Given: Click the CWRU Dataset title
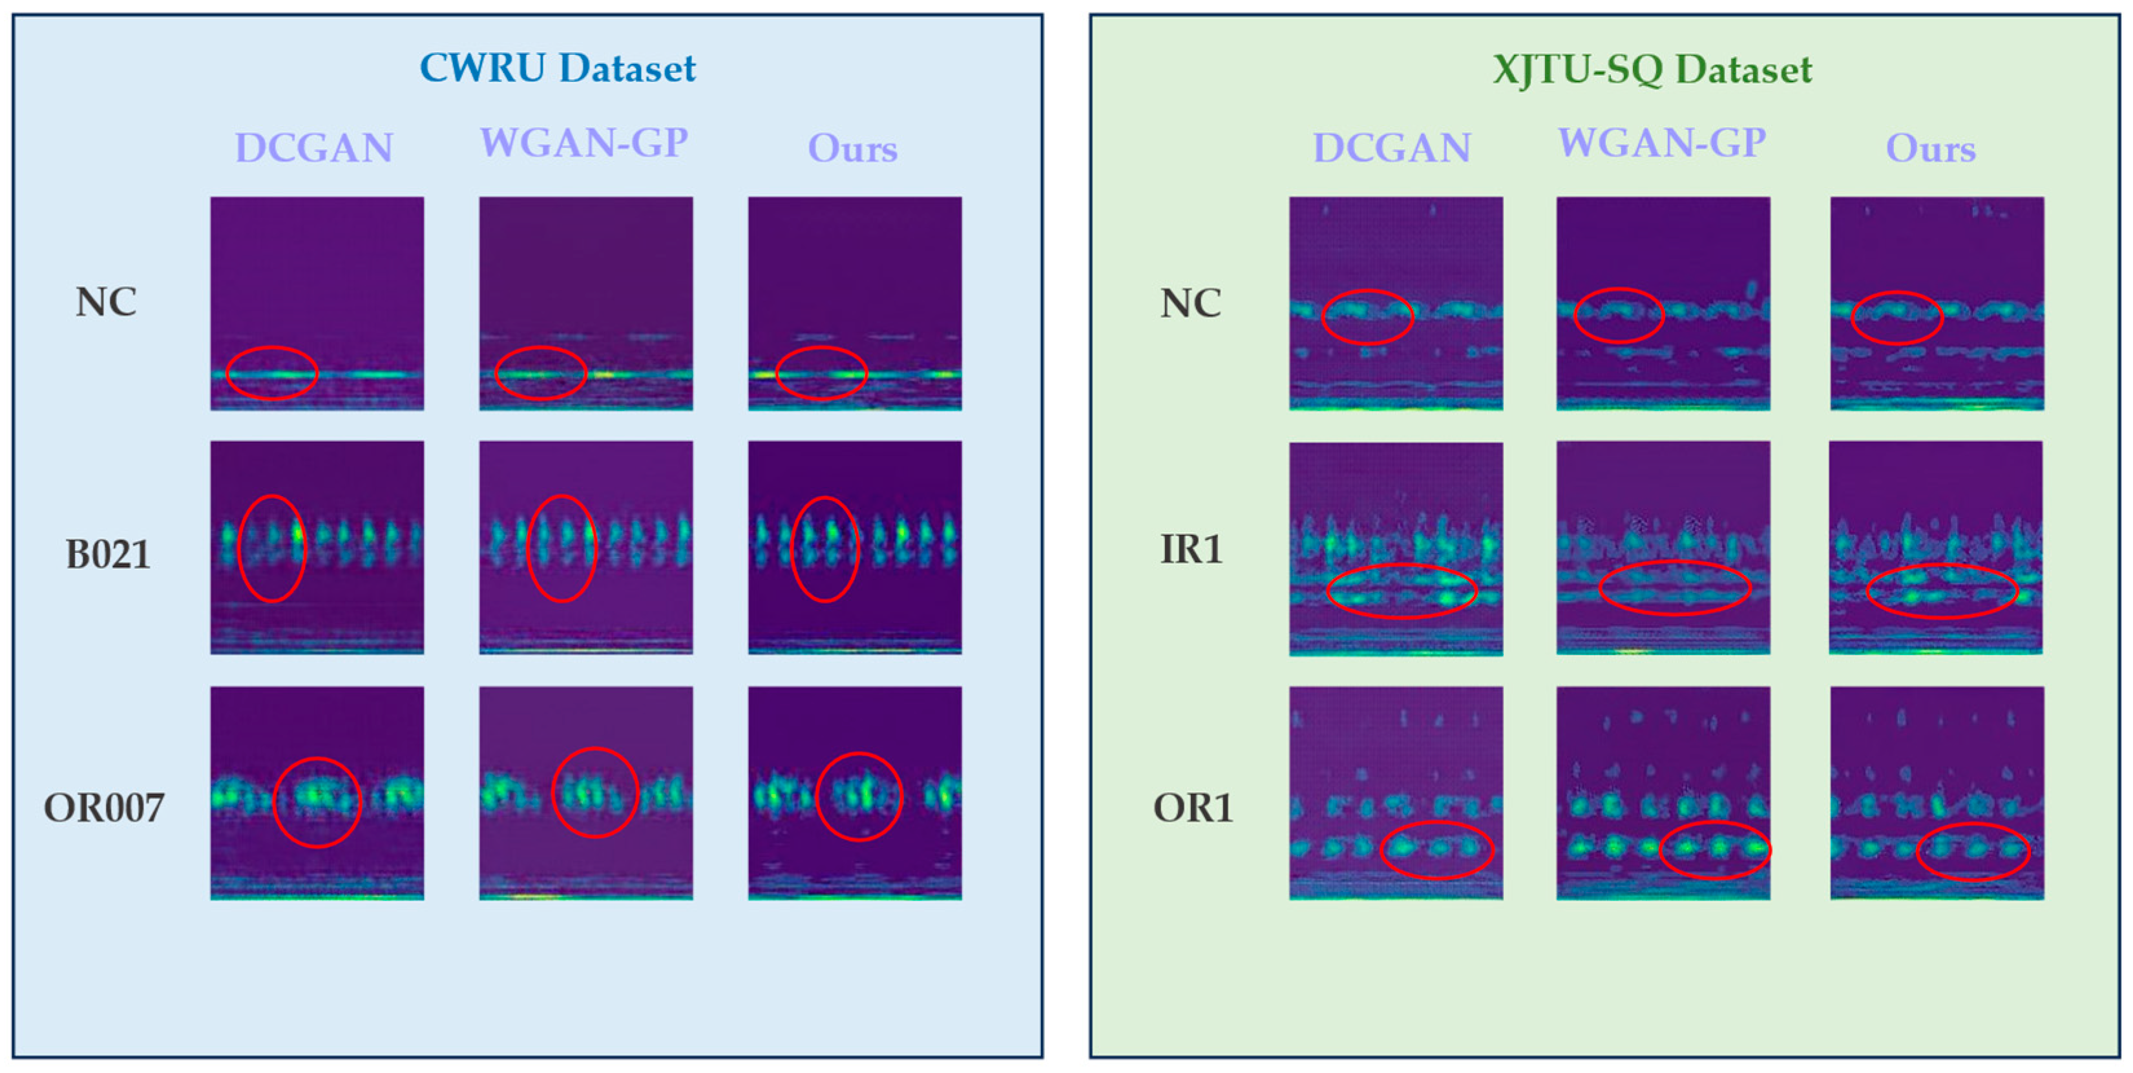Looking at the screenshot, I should click(557, 68).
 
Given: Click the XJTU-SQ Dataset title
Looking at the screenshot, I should click(1652, 70).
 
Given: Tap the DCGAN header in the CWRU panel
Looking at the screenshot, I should click(314, 148).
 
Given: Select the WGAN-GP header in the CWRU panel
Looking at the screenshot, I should click(583, 143).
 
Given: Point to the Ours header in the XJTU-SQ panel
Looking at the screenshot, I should click(1930, 148).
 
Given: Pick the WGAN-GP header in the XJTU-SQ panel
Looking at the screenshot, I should click(1662, 143).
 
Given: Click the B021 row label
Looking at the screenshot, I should click(108, 554).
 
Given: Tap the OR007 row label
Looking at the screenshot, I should click(104, 807).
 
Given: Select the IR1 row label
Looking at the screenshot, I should click(1191, 549).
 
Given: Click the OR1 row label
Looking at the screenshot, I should click(1192, 807).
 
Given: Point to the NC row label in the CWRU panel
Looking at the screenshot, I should click(106, 302).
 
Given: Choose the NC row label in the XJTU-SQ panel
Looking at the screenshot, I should click(1190, 303).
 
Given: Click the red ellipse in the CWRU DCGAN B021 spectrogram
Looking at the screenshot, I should click(271, 548).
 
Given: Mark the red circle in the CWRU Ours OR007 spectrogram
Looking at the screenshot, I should click(859, 797).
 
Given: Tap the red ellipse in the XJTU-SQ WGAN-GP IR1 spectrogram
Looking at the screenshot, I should click(1674, 588).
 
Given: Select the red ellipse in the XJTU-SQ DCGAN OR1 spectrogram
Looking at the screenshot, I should click(1436, 849).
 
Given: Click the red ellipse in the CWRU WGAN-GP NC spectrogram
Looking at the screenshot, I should click(541, 373).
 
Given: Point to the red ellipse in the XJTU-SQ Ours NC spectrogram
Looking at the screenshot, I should click(1897, 318).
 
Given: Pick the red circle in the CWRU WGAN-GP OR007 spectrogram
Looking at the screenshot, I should click(594, 793).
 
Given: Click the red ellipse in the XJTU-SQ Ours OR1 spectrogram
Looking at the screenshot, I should click(1972, 851).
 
